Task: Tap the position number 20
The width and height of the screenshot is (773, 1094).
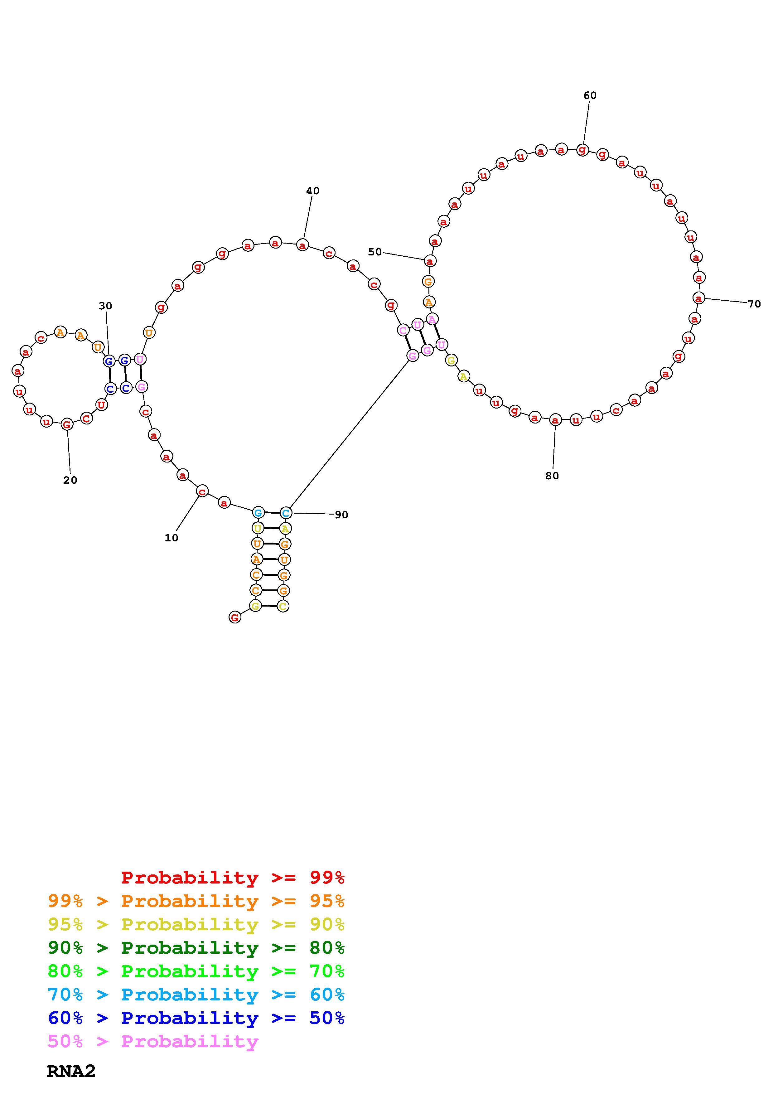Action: pos(70,480)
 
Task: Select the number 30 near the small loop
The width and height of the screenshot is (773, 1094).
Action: pos(105,306)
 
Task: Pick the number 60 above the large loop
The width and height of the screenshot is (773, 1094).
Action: pos(590,96)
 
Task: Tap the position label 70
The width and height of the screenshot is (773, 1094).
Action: pos(754,304)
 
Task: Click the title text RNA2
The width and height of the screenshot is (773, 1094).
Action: pos(71,1071)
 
